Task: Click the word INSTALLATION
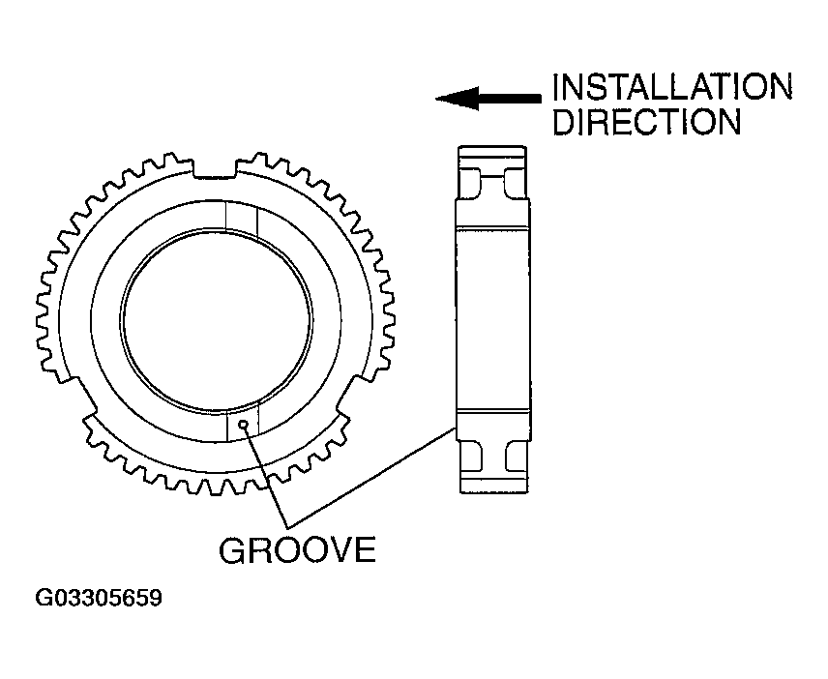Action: (671, 88)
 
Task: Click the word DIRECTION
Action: (646, 123)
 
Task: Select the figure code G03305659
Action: (99, 599)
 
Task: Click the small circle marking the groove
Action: (249, 423)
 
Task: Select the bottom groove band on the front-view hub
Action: (241, 425)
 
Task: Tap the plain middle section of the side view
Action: (493, 319)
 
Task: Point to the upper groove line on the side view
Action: (493, 228)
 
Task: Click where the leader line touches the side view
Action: (457, 426)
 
